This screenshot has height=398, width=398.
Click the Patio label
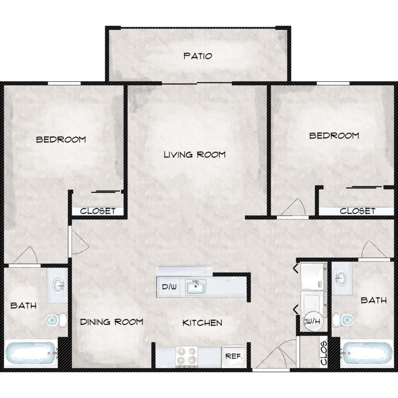click(x=198, y=56)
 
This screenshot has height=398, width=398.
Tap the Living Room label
click(x=195, y=154)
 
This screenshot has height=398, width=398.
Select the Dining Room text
click(x=111, y=322)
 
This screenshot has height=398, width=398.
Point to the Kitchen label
click(x=202, y=323)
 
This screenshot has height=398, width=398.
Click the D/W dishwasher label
click(x=169, y=287)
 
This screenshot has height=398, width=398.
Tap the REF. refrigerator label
click(x=234, y=356)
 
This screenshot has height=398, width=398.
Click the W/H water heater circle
click(x=314, y=321)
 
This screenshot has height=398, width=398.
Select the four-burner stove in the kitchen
click(x=187, y=357)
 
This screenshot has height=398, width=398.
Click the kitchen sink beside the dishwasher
click(x=195, y=287)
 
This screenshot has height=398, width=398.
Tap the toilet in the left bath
click(x=56, y=320)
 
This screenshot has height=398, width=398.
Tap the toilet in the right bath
click(x=343, y=319)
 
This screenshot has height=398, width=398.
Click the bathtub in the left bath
click(x=31, y=353)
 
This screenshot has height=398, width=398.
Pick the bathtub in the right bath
click(x=366, y=353)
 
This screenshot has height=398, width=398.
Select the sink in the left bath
click(x=58, y=285)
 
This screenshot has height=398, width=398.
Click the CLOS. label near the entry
click(x=324, y=352)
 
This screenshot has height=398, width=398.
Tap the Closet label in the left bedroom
click(x=98, y=211)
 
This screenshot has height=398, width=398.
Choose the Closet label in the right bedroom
click(x=357, y=211)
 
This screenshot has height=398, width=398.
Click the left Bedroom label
click(x=61, y=140)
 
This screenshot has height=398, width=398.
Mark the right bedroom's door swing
click(x=293, y=207)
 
